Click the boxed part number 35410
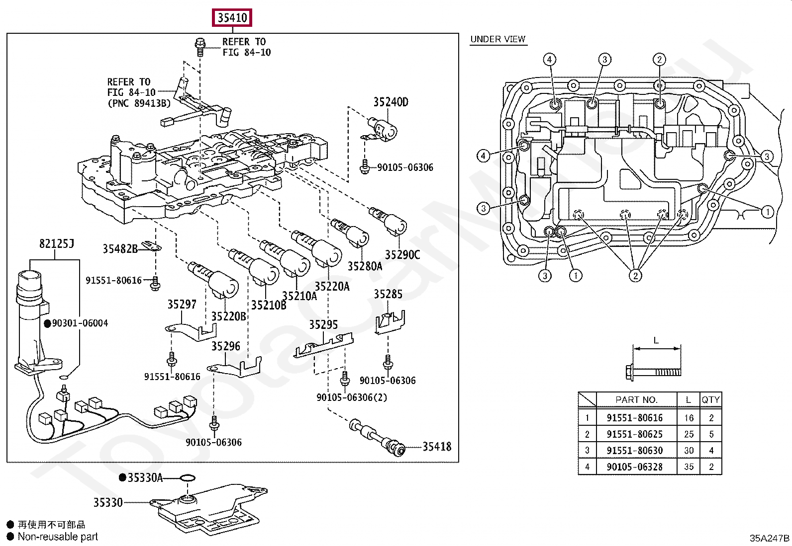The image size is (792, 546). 232,18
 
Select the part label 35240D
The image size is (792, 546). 391,102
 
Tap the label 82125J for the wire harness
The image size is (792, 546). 56,243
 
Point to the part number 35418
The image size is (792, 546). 437,447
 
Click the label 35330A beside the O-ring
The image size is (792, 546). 145,478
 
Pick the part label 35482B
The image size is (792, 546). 120,249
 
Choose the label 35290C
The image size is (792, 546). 402,255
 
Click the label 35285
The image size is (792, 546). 388,295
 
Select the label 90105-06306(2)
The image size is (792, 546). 352,397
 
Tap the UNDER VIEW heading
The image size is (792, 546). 498,39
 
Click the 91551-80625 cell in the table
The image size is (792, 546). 634,434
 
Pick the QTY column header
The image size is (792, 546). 710,400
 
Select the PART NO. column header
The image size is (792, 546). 636,400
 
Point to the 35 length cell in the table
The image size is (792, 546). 689,467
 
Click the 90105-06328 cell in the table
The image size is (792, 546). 634,467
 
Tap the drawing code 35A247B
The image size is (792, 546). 769,538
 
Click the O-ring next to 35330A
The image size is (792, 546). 187,478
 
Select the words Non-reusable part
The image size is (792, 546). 58,537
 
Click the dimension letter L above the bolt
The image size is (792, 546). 656,341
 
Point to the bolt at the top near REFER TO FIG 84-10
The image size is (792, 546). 200,46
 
